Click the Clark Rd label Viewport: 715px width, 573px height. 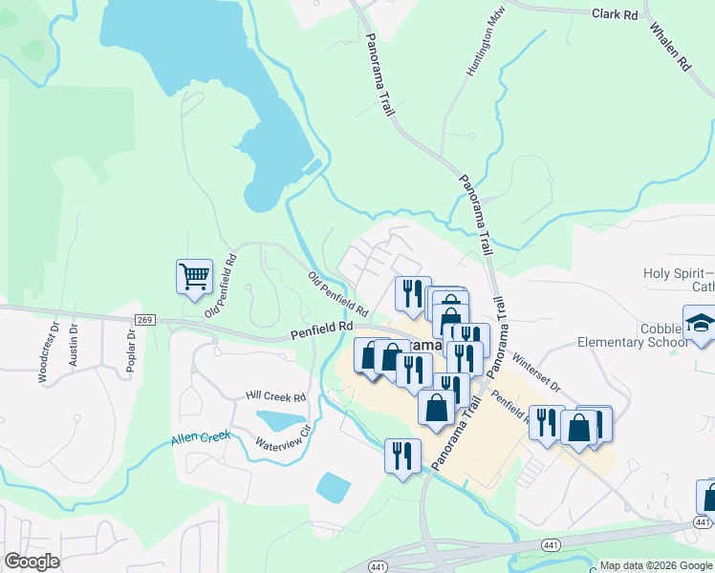(x=615, y=15)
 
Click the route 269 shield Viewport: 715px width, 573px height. (x=144, y=320)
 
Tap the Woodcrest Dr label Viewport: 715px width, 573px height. (x=42, y=359)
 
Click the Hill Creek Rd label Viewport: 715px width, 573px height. (x=275, y=396)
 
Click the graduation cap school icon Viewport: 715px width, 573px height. (x=700, y=323)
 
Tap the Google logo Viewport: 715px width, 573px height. (x=32, y=562)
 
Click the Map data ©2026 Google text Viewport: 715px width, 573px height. (x=656, y=565)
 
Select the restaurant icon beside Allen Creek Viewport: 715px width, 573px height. (x=401, y=454)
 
